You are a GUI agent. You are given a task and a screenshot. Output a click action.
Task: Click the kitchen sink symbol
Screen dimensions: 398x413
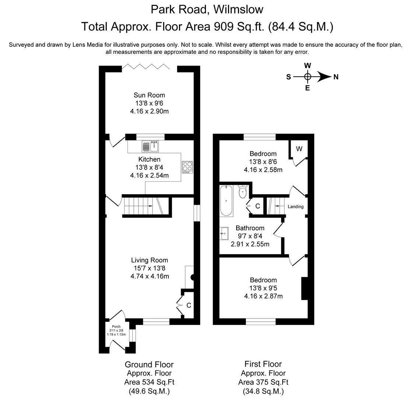pos(150,147)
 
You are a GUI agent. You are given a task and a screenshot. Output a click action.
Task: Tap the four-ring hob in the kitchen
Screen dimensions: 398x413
pos(187,167)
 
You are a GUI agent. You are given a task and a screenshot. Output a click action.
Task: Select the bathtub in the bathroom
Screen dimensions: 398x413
pos(226,201)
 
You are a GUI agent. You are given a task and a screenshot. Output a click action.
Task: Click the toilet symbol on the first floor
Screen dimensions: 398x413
pos(243,192)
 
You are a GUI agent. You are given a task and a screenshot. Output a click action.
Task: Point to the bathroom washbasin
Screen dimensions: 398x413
pos(224,233)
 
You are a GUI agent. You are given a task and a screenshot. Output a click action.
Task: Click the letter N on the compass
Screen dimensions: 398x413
pos(336,77)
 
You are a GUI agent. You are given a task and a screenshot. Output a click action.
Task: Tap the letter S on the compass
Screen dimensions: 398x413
pos(288,77)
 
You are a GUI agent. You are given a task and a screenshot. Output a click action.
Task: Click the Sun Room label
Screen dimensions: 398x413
pos(149,95)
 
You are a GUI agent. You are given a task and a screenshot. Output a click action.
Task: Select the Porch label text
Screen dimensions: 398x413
pos(116,327)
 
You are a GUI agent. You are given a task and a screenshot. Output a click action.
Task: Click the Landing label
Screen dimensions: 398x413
pos(295,207)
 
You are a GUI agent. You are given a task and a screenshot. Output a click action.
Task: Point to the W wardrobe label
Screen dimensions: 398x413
pos(299,149)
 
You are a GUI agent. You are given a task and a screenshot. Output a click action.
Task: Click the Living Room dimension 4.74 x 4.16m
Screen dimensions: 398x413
pos(149,276)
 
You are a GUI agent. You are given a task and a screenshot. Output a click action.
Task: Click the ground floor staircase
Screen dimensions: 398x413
pos(146,206)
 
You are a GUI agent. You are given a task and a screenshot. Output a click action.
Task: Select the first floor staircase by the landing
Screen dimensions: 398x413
pos(273,206)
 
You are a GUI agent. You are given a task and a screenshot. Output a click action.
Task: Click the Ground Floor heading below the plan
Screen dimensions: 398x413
pos(149,364)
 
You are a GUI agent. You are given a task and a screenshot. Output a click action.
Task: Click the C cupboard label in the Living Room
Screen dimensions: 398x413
pos(189,305)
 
